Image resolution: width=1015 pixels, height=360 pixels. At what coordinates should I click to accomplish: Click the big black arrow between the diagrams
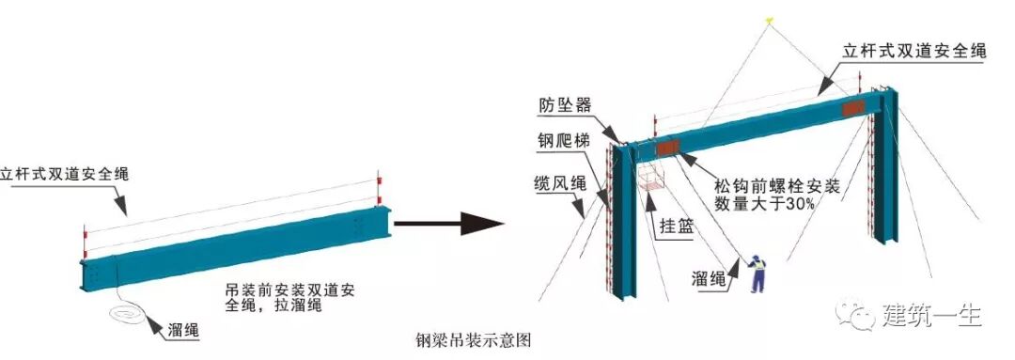coord(449,224)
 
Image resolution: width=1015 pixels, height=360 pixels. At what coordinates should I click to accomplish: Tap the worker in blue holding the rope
coord(754,276)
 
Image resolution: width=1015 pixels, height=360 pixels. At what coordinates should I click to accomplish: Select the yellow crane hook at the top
coord(769,17)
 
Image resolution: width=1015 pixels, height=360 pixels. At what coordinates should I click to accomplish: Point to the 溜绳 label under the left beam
coord(181,331)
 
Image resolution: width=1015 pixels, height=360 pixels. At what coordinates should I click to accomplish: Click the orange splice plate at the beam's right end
coord(853,109)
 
